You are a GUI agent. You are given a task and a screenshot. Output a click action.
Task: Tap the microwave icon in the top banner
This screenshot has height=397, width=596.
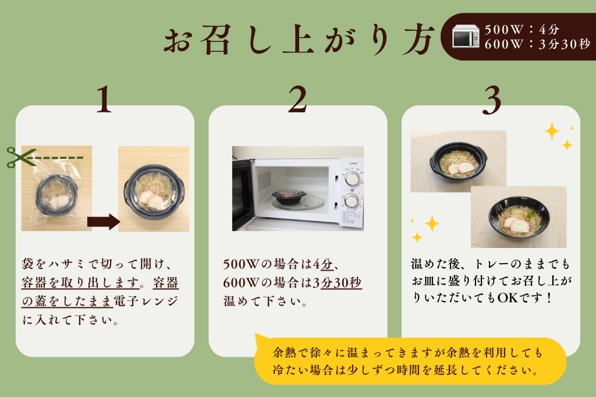tap(466, 37)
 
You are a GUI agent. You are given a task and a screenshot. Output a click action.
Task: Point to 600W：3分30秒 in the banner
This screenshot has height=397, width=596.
tap(536, 44)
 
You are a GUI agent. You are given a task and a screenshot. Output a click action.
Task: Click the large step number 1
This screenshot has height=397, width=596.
tap(104, 100)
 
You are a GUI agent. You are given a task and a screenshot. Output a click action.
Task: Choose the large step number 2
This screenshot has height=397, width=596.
tap(297, 100)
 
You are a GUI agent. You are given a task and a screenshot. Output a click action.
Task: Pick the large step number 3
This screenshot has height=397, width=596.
tap(491, 100)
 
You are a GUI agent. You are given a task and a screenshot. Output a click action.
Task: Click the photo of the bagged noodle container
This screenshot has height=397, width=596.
tap(56, 188)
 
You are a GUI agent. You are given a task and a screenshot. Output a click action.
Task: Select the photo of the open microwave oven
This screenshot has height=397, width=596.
tap(298, 189)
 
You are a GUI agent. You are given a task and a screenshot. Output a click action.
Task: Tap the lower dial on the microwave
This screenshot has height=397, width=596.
tap(351, 200)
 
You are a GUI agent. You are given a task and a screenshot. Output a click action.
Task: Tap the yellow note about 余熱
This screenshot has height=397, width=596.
tap(410, 361)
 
